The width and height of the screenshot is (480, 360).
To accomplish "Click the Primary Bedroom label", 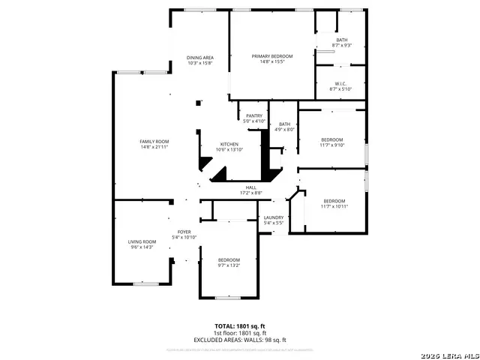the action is [x=271, y=56].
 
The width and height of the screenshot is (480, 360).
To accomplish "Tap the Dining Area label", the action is [x=200, y=58].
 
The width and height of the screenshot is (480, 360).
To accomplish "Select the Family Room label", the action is [x=154, y=141].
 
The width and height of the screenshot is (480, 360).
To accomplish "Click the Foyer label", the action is [x=184, y=232].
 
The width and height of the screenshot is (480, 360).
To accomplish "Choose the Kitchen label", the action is [x=229, y=144].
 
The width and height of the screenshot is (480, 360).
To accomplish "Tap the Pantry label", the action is [x=253, y=115].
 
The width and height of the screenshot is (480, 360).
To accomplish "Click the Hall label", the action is [x=250, y=187].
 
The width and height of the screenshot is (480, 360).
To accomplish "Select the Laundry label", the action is [x=273, y=217].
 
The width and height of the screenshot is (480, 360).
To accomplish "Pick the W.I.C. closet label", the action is [x=341, y=84].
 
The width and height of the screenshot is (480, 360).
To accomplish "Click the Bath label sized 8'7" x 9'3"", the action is [x=341, y=40].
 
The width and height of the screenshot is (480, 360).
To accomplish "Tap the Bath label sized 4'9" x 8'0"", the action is [x=284, y=124].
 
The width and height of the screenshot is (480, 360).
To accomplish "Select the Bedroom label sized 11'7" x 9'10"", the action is [x=331, y=139].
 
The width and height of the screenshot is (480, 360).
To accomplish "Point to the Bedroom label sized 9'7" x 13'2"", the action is [x=229, y=259].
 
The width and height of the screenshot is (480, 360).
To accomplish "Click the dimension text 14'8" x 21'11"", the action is [x=154, y=147].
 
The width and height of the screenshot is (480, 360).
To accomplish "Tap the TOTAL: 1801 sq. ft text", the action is [x=240, y=325].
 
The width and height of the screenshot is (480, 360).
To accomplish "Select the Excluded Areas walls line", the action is [x=240, y=340].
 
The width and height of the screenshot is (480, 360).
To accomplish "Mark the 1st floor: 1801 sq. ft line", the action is [x=240, y=333].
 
